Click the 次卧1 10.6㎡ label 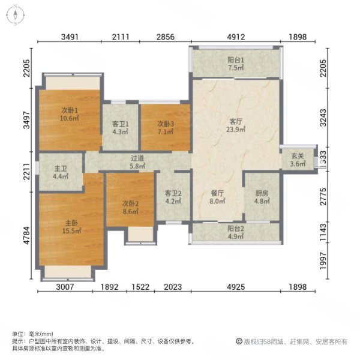click(x=70, y=114)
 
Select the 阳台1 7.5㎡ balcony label click(x=235, y=64)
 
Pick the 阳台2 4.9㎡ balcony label click(x=235, y=233)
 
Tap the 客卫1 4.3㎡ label click(x=121, y=128)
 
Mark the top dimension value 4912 click(x=236, y=37)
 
